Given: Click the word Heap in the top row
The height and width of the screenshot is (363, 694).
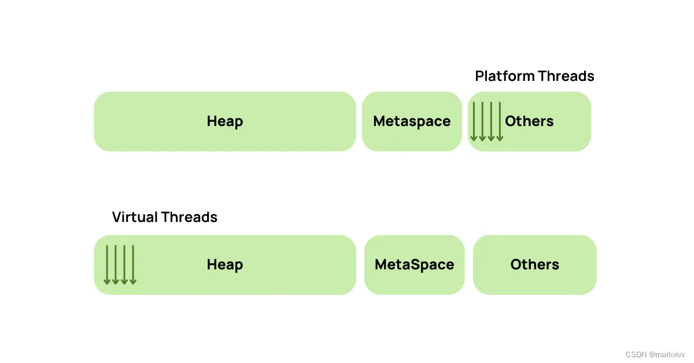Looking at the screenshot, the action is (x=224, y=121).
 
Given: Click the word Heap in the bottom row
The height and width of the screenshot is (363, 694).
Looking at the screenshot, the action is (x=224, y=265).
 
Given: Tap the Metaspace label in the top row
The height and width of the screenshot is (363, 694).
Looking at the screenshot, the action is (x=412, y=121).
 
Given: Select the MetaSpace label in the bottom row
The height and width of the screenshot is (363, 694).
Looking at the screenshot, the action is (x=414, y=265).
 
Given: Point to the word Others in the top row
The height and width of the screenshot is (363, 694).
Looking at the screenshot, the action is (x=529, y=121).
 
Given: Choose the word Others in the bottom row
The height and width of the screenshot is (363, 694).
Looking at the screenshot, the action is (x=535, y=265).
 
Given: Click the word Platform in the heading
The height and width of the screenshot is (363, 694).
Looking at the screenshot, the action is (x=505, y=76).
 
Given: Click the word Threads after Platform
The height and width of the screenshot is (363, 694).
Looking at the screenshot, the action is (x=566, y=76).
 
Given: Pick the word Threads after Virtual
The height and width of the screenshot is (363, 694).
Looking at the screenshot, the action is (x=189, y=217).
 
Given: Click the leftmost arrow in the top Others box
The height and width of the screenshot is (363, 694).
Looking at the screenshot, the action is (x=474, y=122).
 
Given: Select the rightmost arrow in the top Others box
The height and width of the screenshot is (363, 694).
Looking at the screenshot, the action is (x=500, y=122).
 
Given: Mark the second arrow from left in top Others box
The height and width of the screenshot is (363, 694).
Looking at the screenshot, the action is (x=482, y=122).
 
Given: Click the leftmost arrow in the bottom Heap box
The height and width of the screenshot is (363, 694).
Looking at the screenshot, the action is (x=107, y=265).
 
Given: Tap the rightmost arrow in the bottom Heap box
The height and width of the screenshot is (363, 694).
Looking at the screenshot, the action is (x=133, y=265).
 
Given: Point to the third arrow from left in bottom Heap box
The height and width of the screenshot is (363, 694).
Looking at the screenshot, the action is (x=124, y=265).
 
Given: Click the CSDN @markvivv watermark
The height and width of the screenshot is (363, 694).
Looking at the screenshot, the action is (x=655, y=355).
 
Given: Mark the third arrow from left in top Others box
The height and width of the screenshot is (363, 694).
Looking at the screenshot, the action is (x=491, y=122).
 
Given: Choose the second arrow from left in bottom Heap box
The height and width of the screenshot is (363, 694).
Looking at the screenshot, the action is (x=116, y=265).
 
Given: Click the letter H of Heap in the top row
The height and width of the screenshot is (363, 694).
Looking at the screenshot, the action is (x=212, y=121).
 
